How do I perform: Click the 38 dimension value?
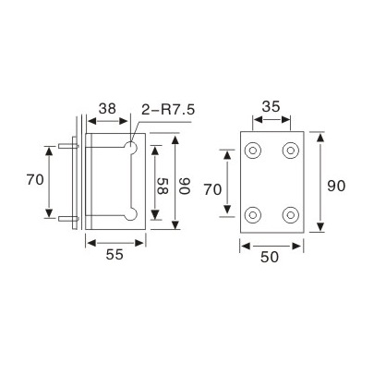pos(107,109)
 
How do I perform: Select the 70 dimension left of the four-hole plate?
pos(211,190)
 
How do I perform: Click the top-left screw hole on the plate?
pos(253,150)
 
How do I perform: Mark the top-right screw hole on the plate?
pos(291,150)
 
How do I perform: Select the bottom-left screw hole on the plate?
pos(253,215)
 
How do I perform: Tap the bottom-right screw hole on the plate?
pos(291,215)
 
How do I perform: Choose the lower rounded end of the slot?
pos(133,213)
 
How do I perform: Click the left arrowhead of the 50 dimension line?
pos(243,245)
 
